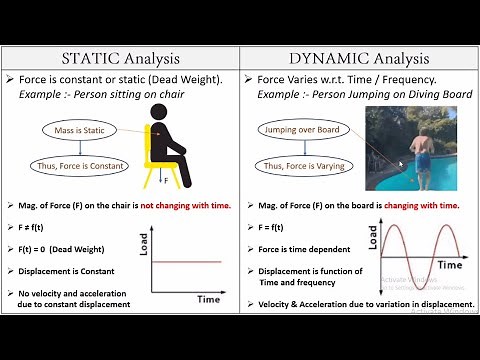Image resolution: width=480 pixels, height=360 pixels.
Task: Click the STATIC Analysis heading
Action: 120,58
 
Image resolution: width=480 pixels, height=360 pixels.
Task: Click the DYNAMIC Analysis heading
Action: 359,58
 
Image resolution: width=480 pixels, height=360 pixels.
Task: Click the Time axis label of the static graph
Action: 207,298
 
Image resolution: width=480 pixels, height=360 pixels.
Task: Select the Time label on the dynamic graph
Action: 449,265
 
